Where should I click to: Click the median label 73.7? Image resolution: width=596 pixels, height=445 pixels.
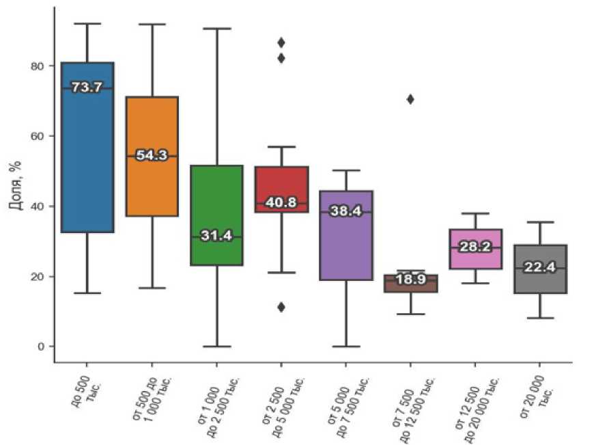(x=87, y=87)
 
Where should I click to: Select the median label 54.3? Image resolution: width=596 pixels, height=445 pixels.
(x=152, y=156)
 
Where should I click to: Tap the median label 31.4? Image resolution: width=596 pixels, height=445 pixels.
(x=216, y=237)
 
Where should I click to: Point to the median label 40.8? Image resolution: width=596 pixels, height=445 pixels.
(x=281, y=203)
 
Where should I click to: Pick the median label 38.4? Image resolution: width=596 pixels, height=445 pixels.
(x=345, y=211)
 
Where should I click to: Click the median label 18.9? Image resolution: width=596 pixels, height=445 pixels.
(x=410, y=280)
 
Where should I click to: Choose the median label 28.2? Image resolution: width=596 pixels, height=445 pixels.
(x=475, y=247)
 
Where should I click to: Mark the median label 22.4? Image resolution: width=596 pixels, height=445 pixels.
(x=539, y=268)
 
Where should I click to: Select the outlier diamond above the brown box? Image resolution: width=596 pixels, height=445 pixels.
(x=410, y=99)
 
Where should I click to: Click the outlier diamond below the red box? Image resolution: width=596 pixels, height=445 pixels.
(x=281, y=307)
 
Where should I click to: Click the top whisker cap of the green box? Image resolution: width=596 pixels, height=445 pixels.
(x=216, y=29)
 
